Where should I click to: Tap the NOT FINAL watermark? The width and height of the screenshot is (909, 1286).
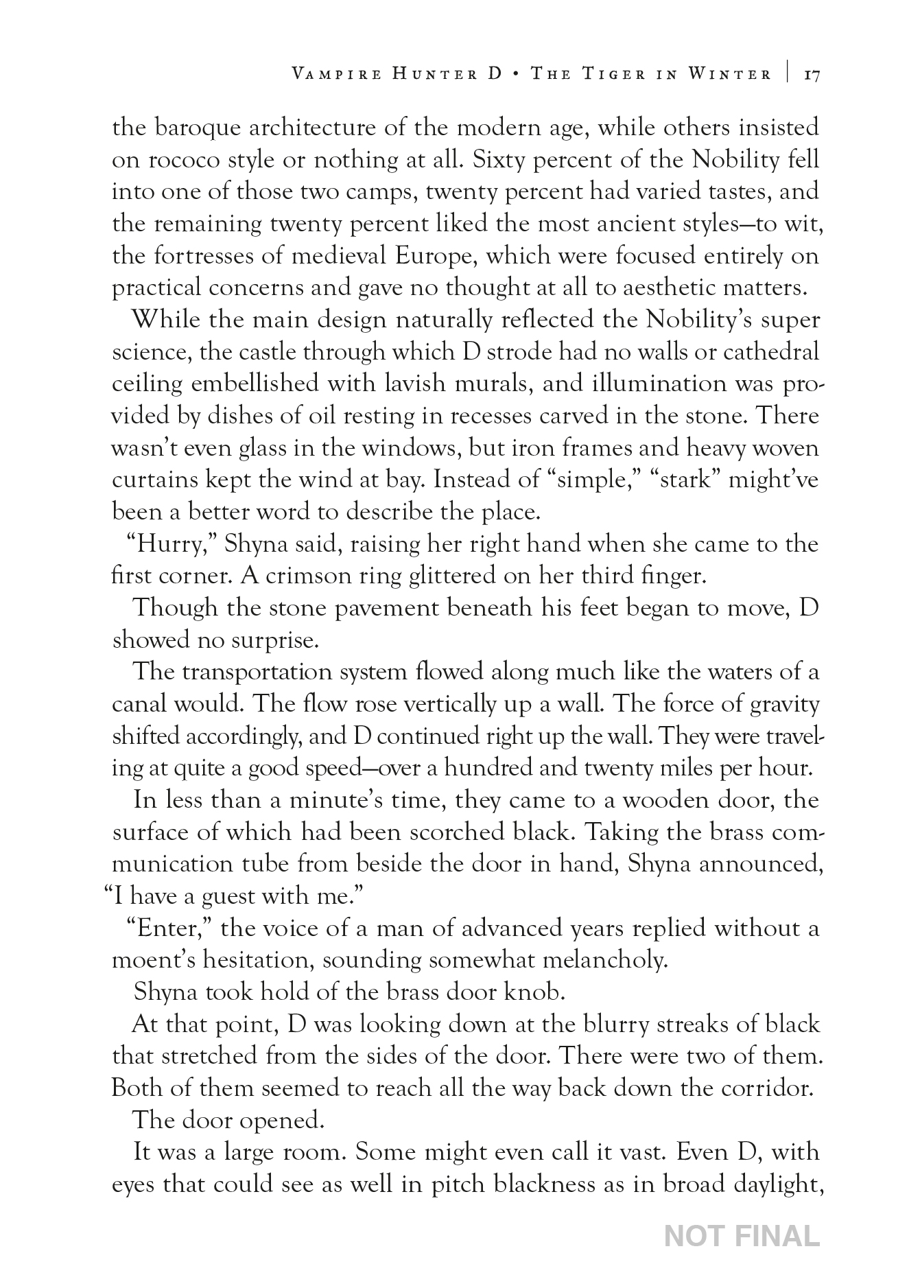click(x=742, y=1236)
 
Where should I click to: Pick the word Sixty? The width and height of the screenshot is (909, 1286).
click(x=495, y=160)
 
